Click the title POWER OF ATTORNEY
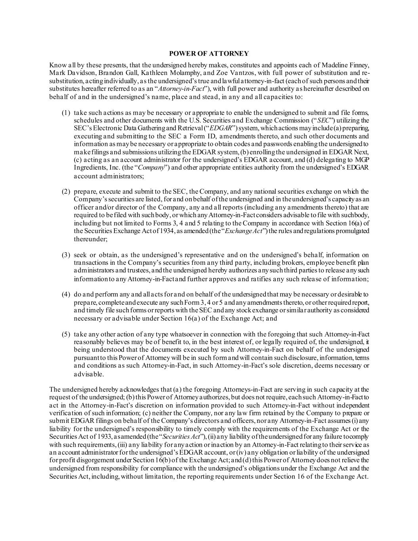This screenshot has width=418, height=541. click(209, 54)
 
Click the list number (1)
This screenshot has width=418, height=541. click(66, 113)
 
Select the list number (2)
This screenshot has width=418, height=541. click(66, 191)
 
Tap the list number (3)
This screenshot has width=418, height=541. click(66, 255)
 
